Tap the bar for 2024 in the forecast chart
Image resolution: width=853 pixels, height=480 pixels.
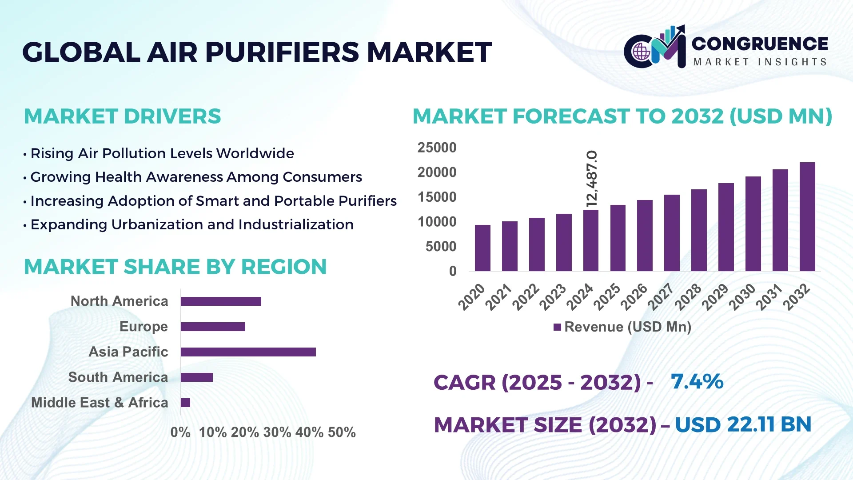tap(591, 240)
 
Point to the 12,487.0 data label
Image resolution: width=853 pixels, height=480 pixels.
tap(592, 179)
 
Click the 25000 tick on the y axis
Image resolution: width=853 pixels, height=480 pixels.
tap(437, 148)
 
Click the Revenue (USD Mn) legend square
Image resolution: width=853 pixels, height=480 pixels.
tap(557, 327)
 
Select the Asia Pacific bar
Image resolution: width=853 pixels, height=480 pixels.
tap(248, 352)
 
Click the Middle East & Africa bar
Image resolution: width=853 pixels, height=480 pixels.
tap(186, 403)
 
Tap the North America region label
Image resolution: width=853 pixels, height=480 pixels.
tap(119, 301)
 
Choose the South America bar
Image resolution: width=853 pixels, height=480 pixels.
tap(197, 377)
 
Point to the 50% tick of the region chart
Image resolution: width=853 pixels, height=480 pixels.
tap(342, 432)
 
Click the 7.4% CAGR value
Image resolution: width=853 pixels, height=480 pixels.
tap(697, 381)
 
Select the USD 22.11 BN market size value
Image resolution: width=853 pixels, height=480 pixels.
tap(743, 424)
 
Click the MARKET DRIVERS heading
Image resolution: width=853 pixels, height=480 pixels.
tap(122, 116)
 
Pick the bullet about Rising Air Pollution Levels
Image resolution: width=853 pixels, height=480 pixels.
tap(162, 153)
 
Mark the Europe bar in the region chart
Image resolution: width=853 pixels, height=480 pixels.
tap(213, 327)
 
